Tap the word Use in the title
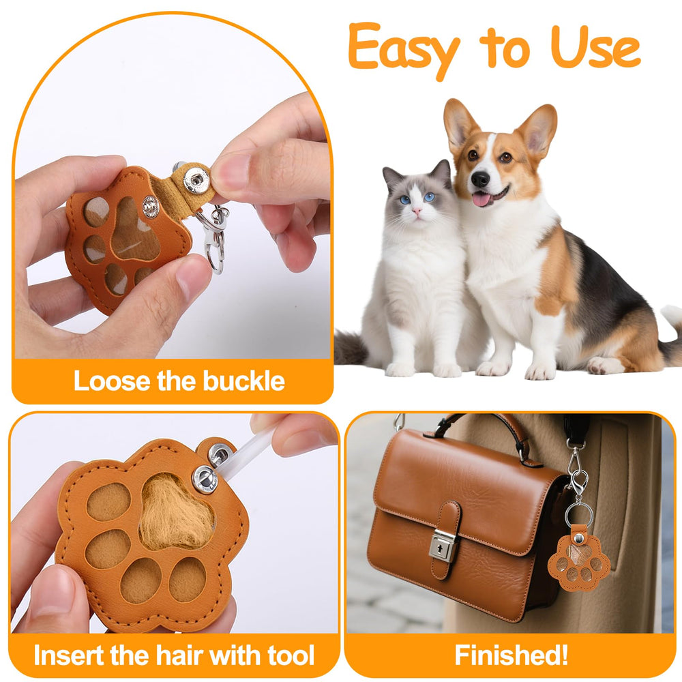[x=595, y=46]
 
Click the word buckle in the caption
[x=244, y=381]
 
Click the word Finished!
[x=512, y=655]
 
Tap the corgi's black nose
[x=480, y=179]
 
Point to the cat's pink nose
[x=417, y=211]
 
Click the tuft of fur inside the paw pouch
[x=175, y=514]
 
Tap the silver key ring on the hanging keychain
[x=579, y=514]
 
